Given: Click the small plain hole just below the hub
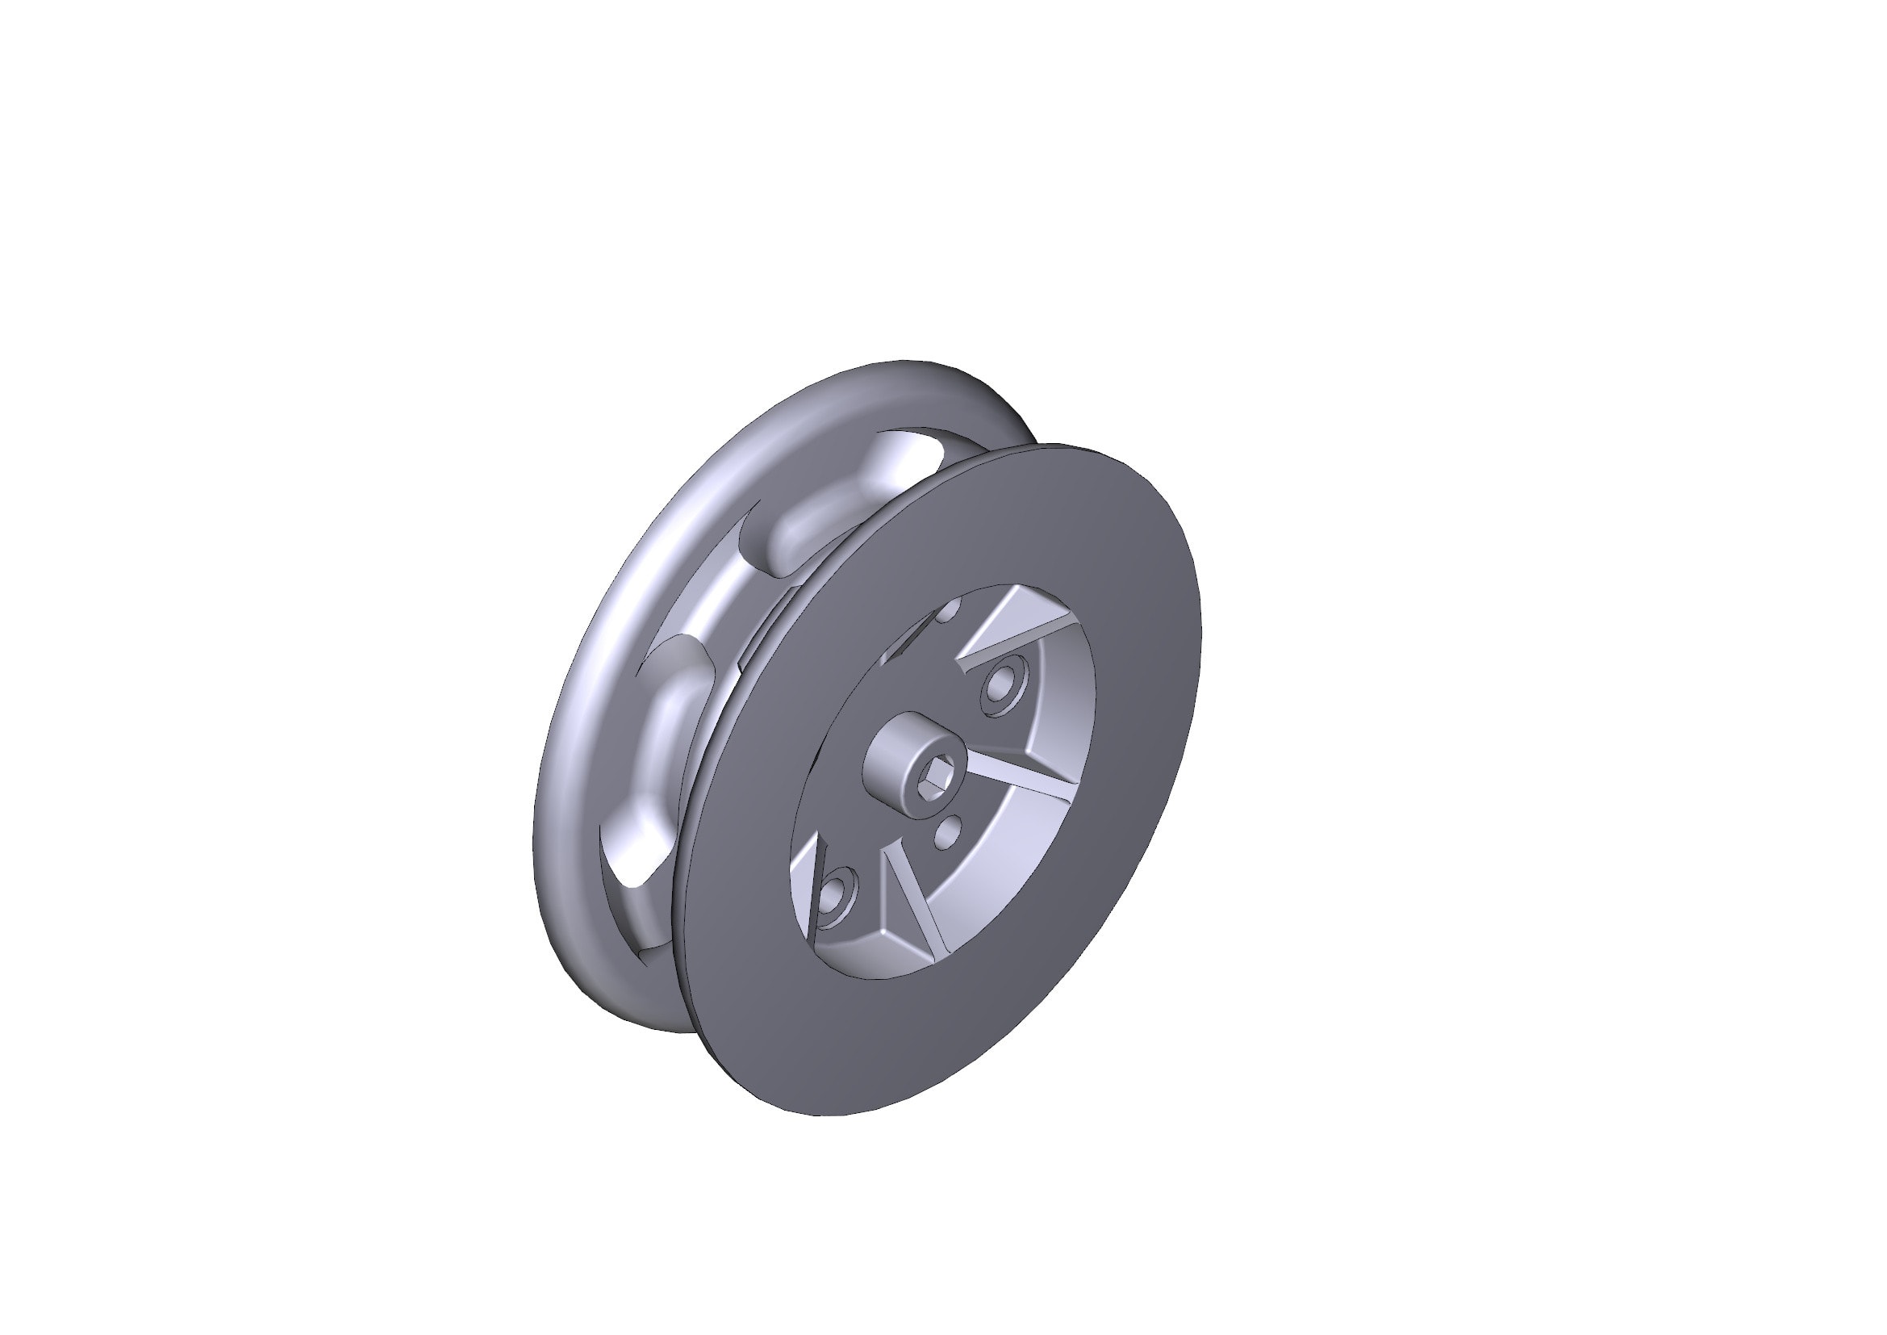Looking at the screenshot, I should tap(950, 833).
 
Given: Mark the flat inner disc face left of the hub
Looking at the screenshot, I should tap(846, 740).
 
